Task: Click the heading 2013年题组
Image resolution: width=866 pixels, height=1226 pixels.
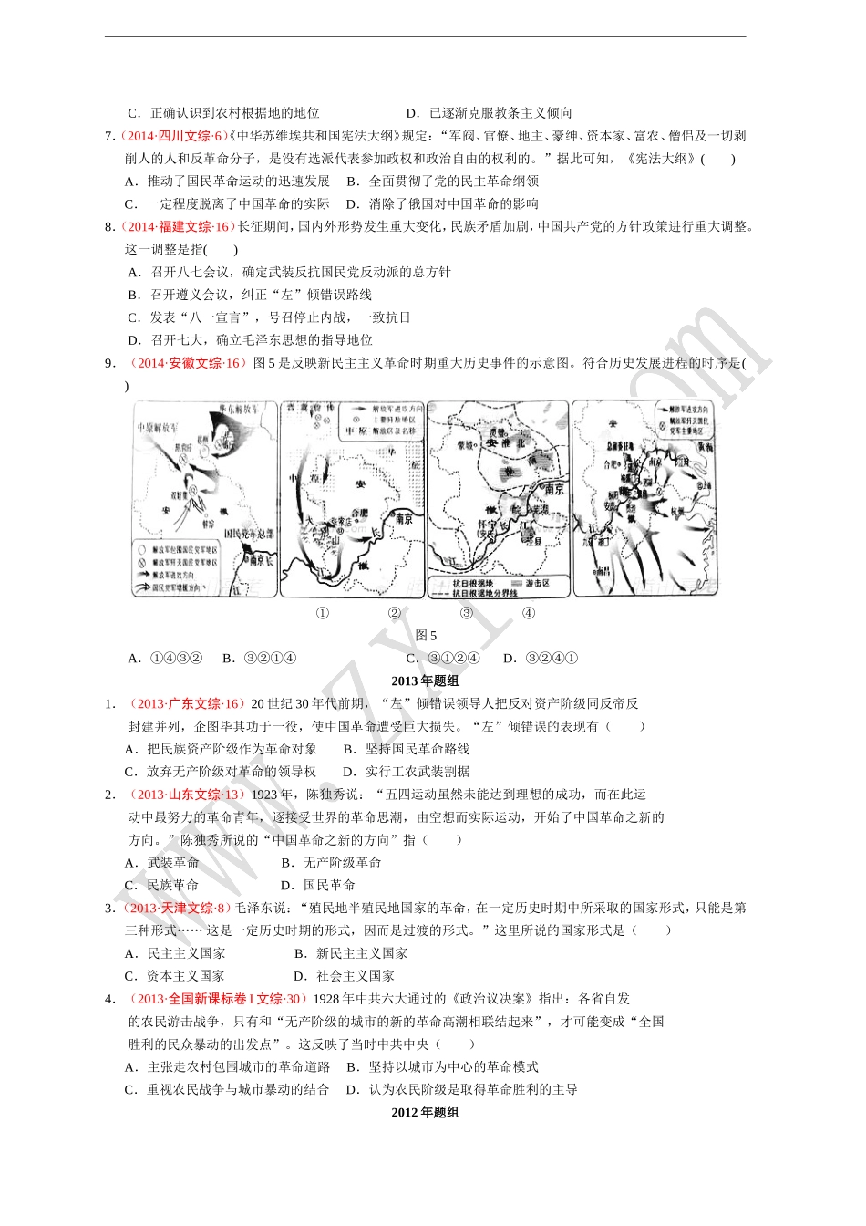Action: pos(425,681)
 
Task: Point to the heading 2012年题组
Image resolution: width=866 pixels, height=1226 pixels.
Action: pos(425,1112)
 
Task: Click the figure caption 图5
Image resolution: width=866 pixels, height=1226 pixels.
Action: pos(426,635)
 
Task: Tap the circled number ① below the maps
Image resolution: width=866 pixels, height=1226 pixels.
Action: pos(322,613)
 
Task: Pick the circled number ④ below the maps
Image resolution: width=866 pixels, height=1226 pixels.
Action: pos(529,613)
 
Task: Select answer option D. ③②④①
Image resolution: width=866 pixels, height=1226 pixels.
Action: pos(541,658)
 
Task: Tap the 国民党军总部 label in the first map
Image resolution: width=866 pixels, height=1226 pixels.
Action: pos(249,534)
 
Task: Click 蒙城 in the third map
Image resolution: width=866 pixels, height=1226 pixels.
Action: pos(464,445)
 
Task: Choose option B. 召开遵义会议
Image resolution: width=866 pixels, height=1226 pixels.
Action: pos(249,295)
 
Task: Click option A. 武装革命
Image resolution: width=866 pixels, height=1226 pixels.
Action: pos(161,862)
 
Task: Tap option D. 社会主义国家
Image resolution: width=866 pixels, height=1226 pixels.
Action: pos(344,975)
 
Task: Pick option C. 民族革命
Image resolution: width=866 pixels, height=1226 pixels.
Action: pos(161,885)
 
